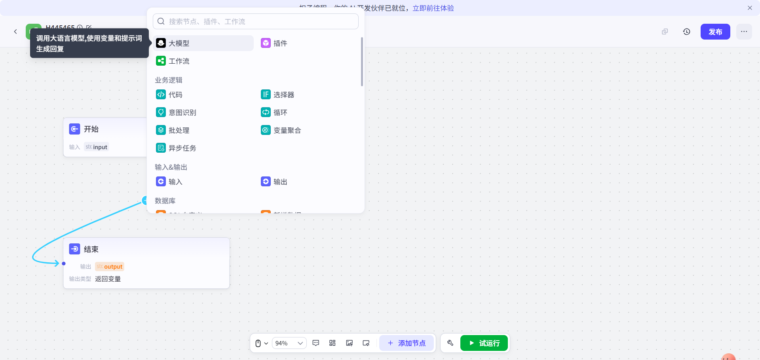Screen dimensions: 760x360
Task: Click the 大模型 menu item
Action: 203,43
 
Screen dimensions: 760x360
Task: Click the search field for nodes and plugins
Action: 261,21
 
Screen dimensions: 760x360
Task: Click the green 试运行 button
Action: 484,343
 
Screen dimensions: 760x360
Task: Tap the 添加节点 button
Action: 407,343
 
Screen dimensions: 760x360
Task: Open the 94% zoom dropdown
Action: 289,343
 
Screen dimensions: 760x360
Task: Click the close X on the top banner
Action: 750,8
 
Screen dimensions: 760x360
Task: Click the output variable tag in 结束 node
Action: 110,267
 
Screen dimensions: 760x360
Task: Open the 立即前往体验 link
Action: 433,8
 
